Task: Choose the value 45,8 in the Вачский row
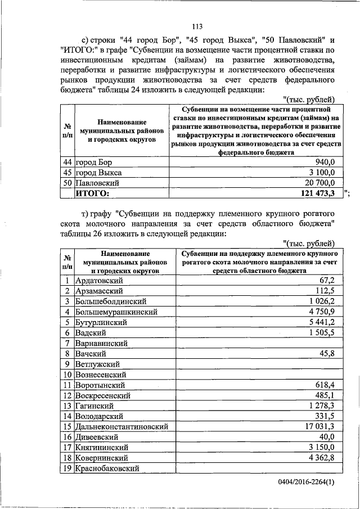(326, 354)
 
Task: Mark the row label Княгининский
(102, 448)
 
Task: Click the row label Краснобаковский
(106, 469)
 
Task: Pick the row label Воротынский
(100, 385)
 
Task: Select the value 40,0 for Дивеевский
(326, 438)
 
